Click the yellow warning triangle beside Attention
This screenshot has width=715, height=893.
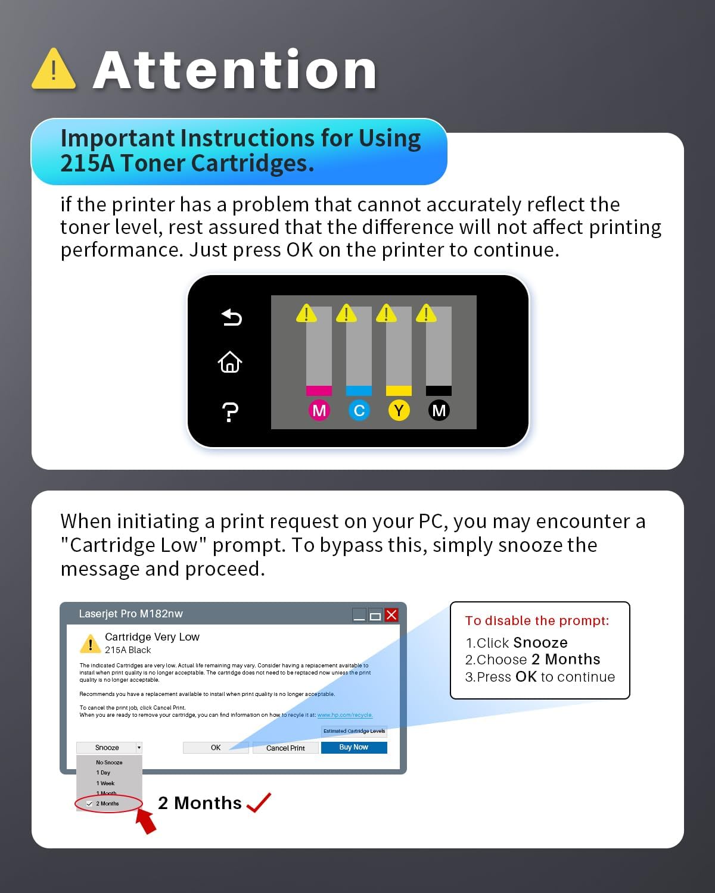point(54,69)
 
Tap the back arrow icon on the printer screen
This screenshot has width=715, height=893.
point(231,317)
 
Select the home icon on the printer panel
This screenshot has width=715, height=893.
point(230,363)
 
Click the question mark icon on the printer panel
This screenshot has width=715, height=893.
point(230,412)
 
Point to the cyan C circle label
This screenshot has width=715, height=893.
point(359,410)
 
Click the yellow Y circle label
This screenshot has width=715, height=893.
point(399,410)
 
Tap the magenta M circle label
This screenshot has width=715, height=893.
point(319,410)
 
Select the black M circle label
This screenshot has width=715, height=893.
point(439,410)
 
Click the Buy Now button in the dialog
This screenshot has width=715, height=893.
point(354,747)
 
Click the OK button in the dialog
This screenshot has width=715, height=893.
point(216,747)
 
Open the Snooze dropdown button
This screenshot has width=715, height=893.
point(109,747)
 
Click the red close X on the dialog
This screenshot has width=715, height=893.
point(391,614)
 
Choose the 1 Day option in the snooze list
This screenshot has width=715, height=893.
point(103,773)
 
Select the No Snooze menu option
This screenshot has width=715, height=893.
point(109,762)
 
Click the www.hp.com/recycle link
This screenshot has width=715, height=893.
point(345,715)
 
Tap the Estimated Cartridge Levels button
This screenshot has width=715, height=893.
point(355,731)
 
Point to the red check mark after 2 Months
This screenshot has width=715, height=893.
point(259,802)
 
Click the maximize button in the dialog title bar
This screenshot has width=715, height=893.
point(375,615)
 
